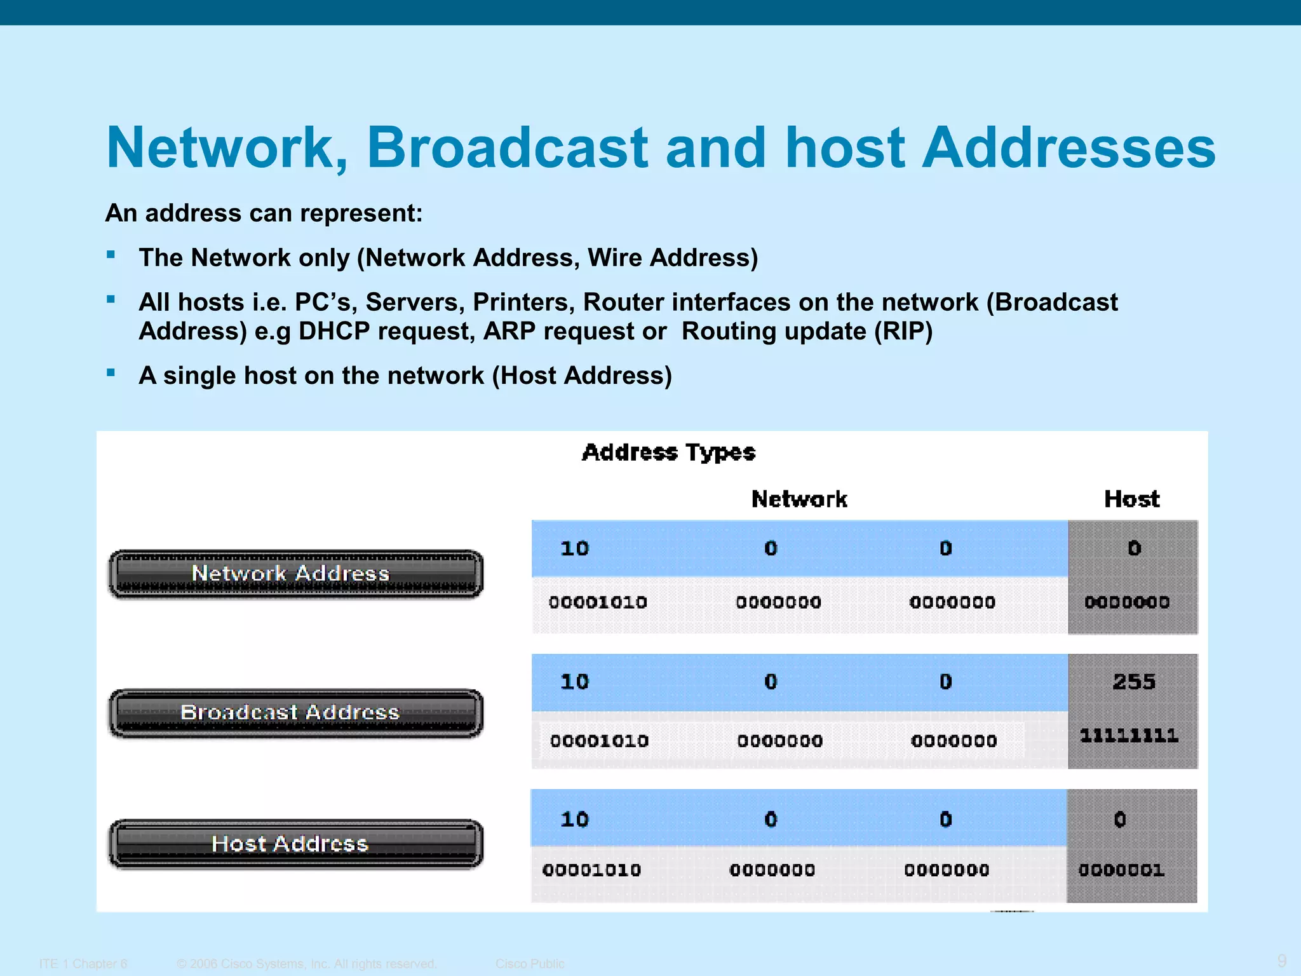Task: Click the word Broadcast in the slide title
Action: [x=507, y=147]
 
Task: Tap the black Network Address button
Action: [x=296, y=574]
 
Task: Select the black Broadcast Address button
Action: [x=296, y=713]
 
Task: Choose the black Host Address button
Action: [x=296, y=844]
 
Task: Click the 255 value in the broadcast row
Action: [x=1133, y=682]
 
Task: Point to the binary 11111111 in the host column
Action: [x=1129, y=736]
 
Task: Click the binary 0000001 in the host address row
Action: [x=1121, y=870]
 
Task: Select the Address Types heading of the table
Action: [x=668, y=452]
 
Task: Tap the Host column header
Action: [x=1131, y=499]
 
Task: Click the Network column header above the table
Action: [x=799, y=499]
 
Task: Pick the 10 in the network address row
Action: [x=574, y=548]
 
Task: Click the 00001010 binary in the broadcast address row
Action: [x=599, y=741]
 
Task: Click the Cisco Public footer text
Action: [x=530, y=963]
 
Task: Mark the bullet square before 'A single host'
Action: [x=111, y=373]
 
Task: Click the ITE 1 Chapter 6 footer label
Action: [x=83, y=963]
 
